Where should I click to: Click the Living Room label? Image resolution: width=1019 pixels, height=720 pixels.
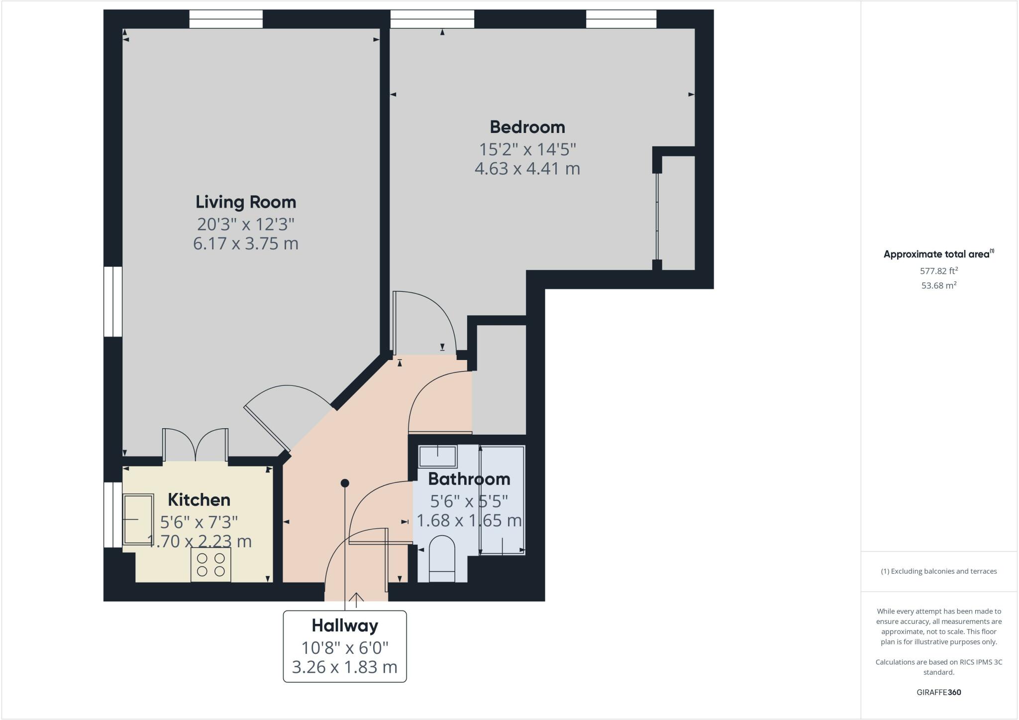click(245, 202)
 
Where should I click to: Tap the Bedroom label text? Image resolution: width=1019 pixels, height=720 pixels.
click(527, 127)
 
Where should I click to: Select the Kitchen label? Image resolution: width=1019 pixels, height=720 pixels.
click(199, 499)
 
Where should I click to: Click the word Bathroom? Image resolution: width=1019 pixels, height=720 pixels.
click(469, 479)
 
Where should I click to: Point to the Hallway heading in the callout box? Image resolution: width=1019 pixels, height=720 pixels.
click(345, 625)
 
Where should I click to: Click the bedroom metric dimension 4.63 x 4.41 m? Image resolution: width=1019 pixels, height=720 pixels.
click(527, 169)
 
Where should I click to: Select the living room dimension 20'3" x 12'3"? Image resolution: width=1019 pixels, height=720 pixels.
click(245, 225)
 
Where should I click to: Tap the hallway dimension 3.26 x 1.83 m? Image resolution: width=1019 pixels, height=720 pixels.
click(345, 667)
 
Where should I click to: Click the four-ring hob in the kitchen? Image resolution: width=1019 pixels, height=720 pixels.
click(211, 565)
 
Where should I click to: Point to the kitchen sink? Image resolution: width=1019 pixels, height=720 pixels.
click(138, 519)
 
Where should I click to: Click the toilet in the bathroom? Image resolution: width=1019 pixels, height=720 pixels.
click(442, 559)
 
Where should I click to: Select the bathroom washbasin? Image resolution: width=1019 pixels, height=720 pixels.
click(437, 456)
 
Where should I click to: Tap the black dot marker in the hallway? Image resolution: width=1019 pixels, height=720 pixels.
click(345, 483)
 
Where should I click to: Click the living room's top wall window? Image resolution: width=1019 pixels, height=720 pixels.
click(226, 19)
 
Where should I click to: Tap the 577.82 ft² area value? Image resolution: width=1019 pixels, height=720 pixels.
click(938, 271)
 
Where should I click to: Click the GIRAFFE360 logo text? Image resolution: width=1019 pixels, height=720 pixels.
click(938, 692)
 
